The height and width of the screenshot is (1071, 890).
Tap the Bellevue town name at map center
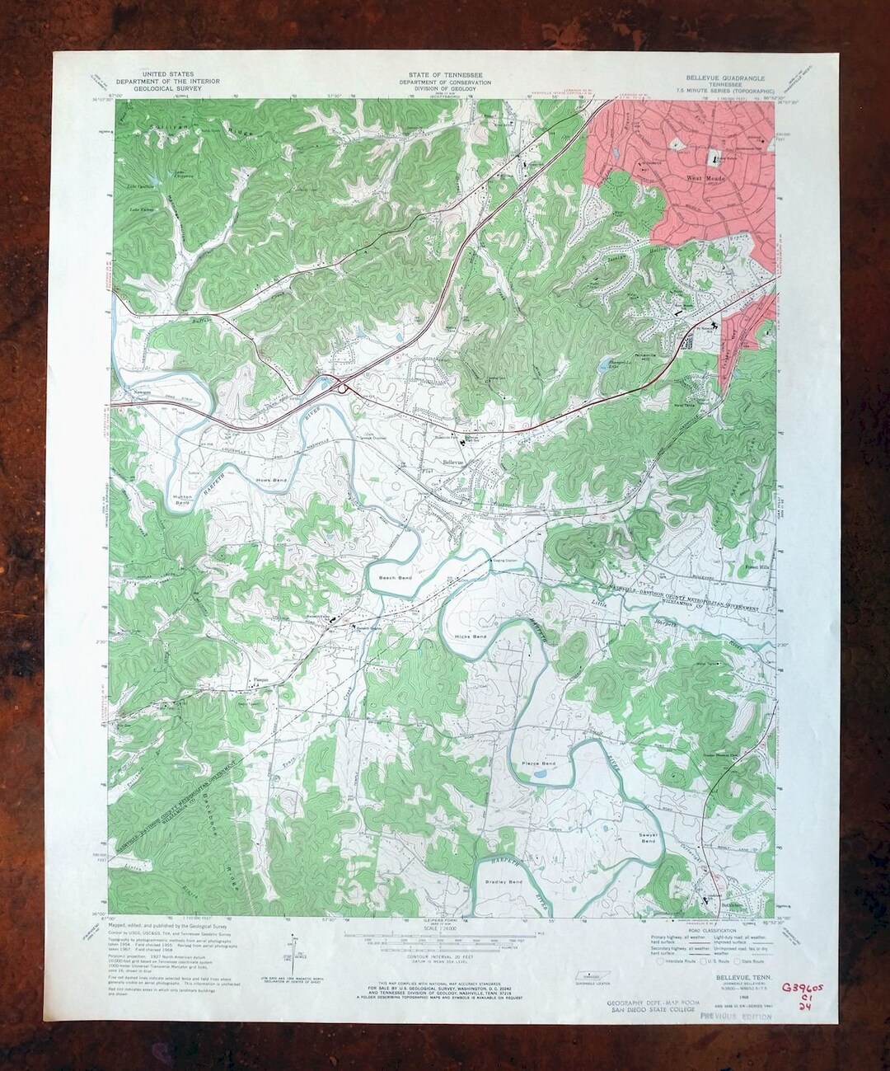click(x=456, y=463)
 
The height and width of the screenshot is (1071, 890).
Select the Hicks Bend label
click(x=468, y=637)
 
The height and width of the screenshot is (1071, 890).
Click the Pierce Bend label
click(x=539, y=764)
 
